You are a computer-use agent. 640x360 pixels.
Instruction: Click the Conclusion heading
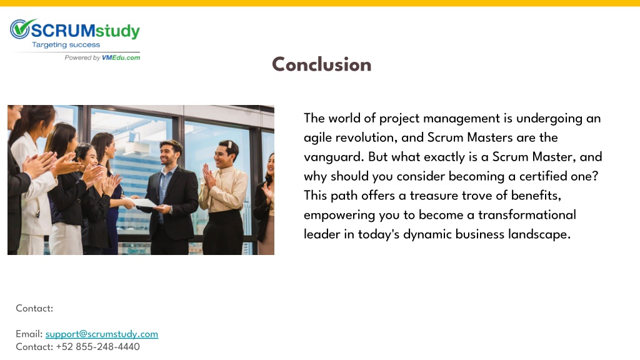(322, 64)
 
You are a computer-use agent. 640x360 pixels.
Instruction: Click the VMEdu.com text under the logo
(121, 57)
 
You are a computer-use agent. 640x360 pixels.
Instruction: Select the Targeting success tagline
(66, 45)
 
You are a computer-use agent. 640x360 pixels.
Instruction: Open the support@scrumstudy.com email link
(102, 334)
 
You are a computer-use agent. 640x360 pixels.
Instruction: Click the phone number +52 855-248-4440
(98, 346)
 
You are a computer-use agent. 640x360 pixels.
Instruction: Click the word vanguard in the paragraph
(334, 157)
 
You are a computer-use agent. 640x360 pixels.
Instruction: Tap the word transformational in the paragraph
(527, 215)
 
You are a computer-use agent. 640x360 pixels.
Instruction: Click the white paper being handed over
(143, 202)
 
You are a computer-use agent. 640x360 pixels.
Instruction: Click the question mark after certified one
(595, 176)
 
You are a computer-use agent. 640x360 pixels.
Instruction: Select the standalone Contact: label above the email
(34, 308)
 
